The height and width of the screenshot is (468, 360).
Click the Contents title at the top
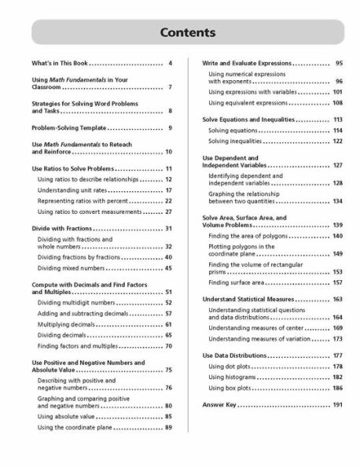[x=180, y=34]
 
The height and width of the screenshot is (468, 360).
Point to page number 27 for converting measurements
[x=168, y=212]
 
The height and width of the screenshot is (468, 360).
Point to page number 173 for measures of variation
[x=337, y=338]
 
